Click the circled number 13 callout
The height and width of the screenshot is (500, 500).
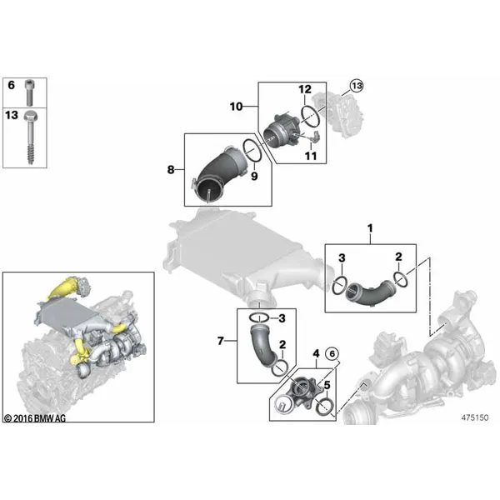tap(357, 86)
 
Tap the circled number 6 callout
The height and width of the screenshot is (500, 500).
tap(332, 353)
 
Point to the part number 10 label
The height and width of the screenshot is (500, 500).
tap(237, 107)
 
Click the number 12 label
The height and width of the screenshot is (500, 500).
tap(305, 89)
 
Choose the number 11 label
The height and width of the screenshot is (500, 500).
tap(311, 156)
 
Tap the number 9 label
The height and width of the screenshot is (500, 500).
tap(254, 176)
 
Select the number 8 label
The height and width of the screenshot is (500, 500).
tap(171, 170)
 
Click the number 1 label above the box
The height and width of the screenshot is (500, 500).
tap(370, 228)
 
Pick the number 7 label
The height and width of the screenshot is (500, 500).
tap(220, 341)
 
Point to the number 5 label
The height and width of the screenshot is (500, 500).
tap(327, 386)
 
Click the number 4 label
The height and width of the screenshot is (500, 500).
tap(316, 353)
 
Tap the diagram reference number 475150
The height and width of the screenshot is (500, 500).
tap(475, 417)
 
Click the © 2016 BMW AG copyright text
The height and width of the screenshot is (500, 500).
tap(35, 418)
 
